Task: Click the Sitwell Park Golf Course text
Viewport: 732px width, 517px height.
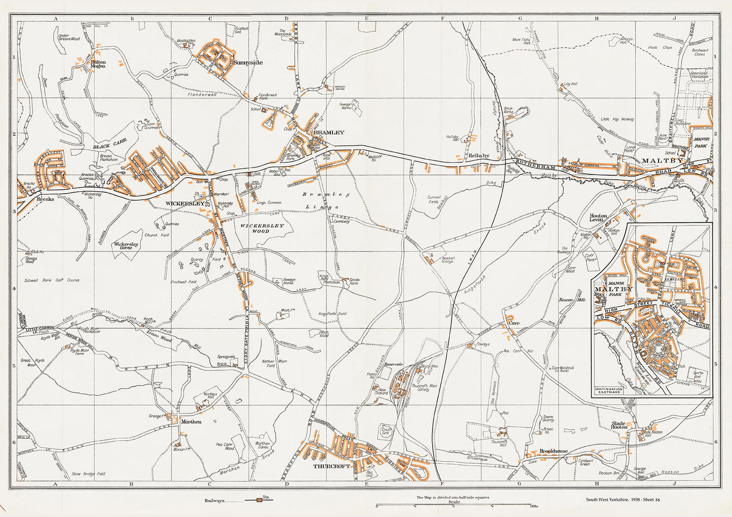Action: [x=52, y=280]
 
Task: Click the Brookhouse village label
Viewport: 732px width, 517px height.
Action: [x=553, y=451]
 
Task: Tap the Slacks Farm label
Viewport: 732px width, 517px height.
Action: [x=354, y=281]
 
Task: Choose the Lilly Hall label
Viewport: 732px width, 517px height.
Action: [x=570, y=84]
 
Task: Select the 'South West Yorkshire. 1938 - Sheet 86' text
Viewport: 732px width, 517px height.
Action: [x=623, y=500]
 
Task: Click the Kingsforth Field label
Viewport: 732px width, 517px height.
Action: [x=332, y=314]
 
